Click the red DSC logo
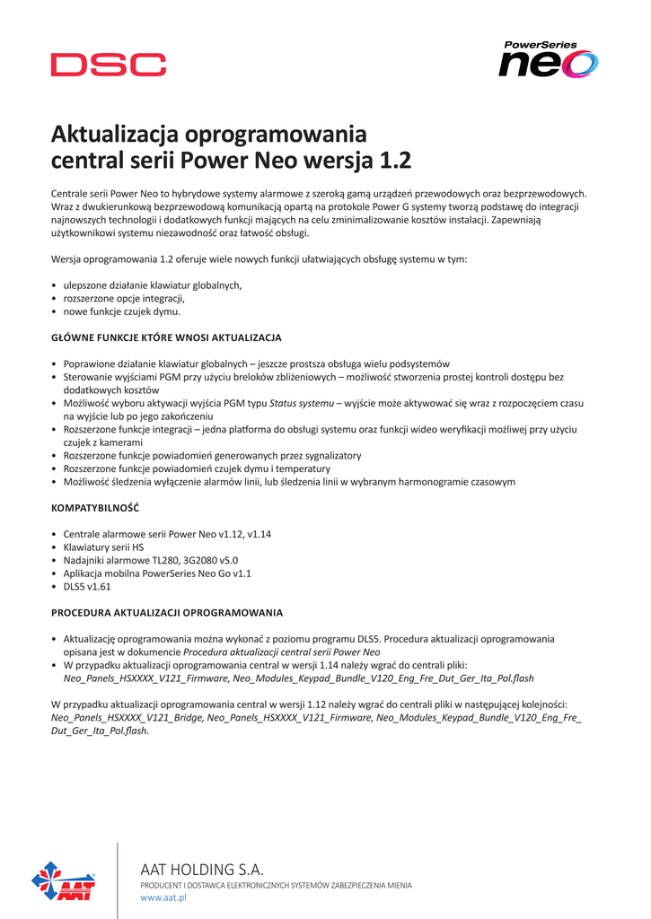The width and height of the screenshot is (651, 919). point(108,65)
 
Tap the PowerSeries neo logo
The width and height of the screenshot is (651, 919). point(548,61)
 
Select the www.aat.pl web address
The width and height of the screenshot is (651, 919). point(163,898)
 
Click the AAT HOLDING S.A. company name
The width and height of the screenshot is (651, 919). point(202,869)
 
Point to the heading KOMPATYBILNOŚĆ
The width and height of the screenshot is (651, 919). point(95,508)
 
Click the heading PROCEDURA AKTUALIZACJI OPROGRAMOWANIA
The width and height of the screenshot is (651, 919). point(167,613)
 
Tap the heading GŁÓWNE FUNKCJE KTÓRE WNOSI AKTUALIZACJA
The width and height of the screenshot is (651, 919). point(166,337)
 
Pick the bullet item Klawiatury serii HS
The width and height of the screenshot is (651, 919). point(103,547)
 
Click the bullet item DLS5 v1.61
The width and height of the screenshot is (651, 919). point(87,586)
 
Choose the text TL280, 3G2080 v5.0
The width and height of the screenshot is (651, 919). point(187,560)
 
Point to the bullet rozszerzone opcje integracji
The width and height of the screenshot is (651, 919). point(124,298)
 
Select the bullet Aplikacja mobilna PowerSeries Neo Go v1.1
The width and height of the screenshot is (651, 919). point(157,573)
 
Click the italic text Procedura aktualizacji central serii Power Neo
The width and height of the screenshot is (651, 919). point(282,652)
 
